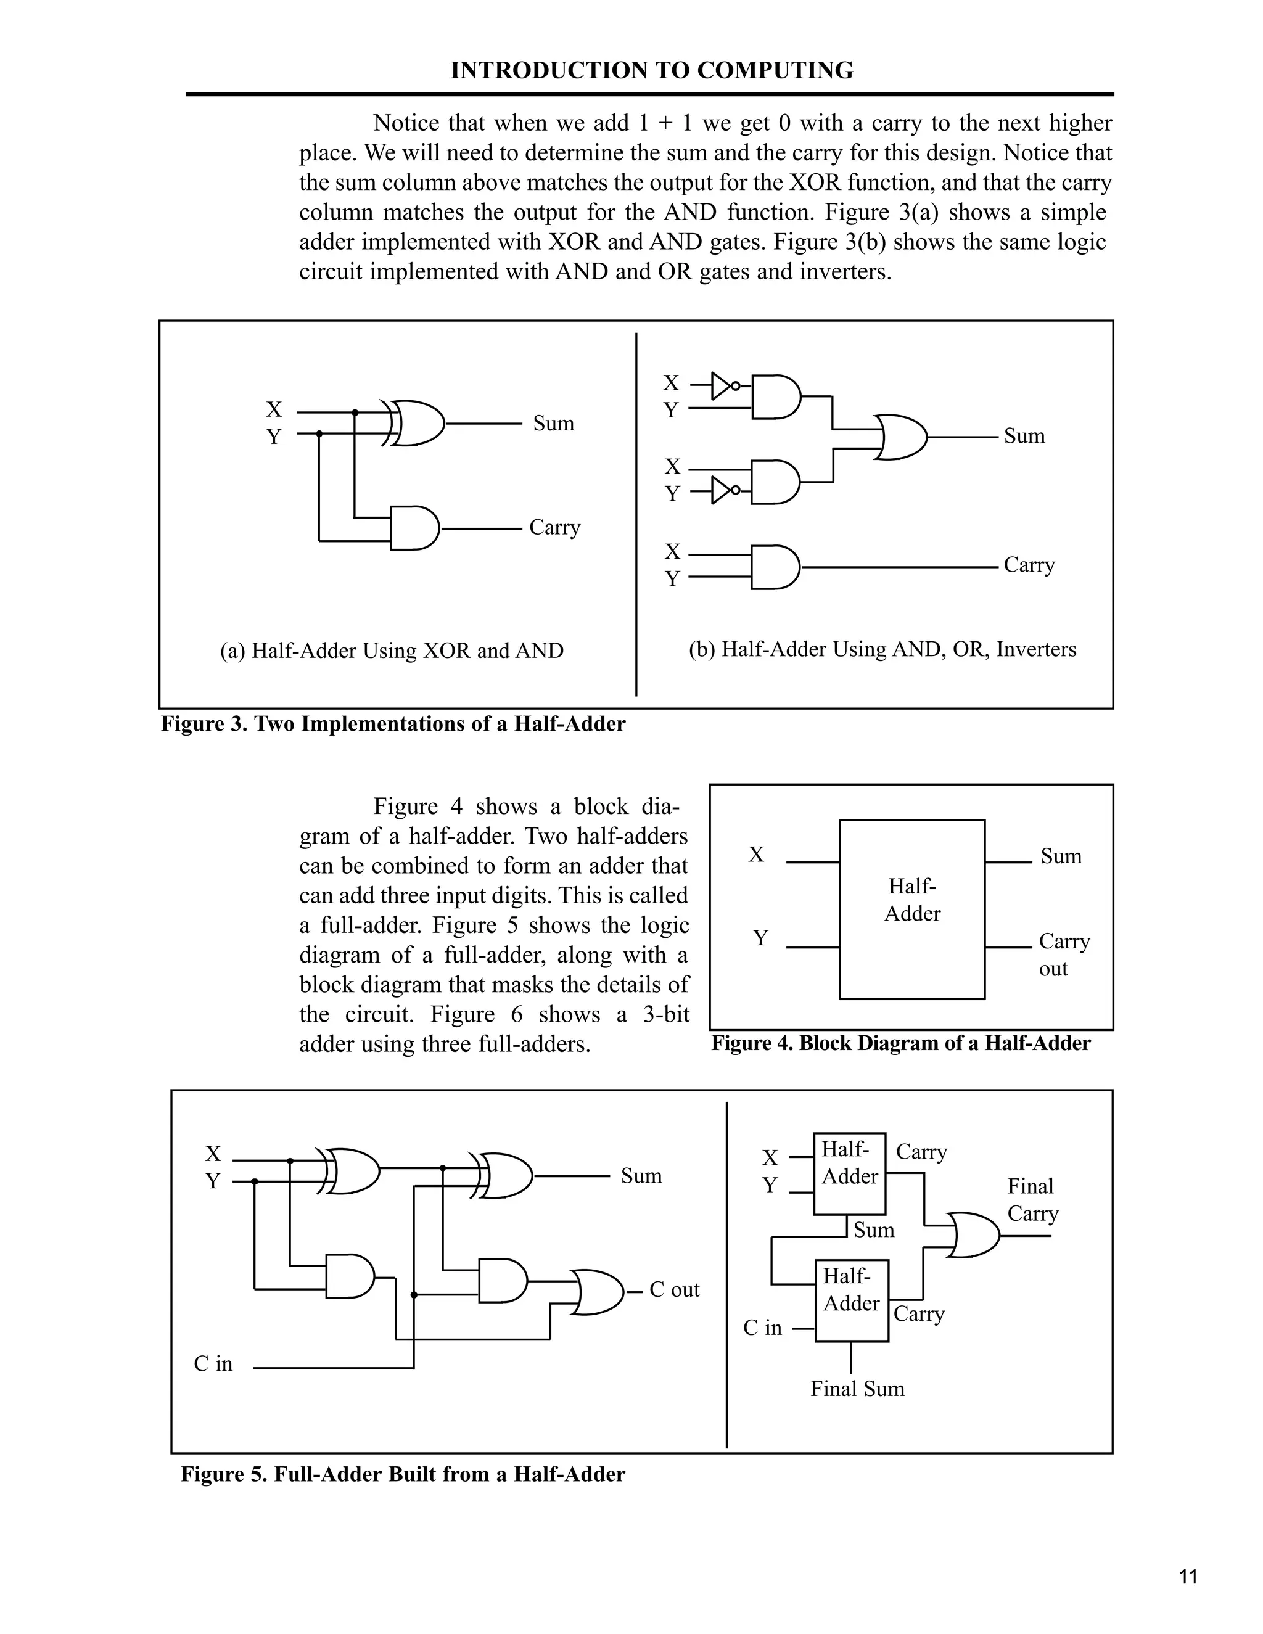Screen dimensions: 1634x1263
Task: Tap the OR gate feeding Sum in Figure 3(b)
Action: [x=902, y=436]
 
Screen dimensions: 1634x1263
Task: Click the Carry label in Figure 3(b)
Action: [x=1029, y=565]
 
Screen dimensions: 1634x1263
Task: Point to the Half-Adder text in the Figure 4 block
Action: [x=912, y=900]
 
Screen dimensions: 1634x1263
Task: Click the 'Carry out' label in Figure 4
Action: [x=1063, y=954]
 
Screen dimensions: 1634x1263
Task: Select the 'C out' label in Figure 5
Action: [x=673, y=1289]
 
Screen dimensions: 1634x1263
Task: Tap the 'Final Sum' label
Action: [x=857, y=1389]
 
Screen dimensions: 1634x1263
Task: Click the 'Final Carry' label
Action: [x=1032, y=1199]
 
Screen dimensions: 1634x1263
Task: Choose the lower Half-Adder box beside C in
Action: [x=852, y=1300]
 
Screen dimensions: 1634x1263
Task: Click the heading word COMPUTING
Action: [x=775, y=70]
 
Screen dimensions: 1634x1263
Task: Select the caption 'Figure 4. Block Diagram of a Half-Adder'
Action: [x=901, y=1043]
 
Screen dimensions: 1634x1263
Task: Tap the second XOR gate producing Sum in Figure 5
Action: [x=505, y=1176]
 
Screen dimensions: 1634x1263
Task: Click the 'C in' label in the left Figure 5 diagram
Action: [x=213, y=1364]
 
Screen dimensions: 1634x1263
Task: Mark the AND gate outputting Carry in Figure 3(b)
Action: [x=775, y=567]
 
